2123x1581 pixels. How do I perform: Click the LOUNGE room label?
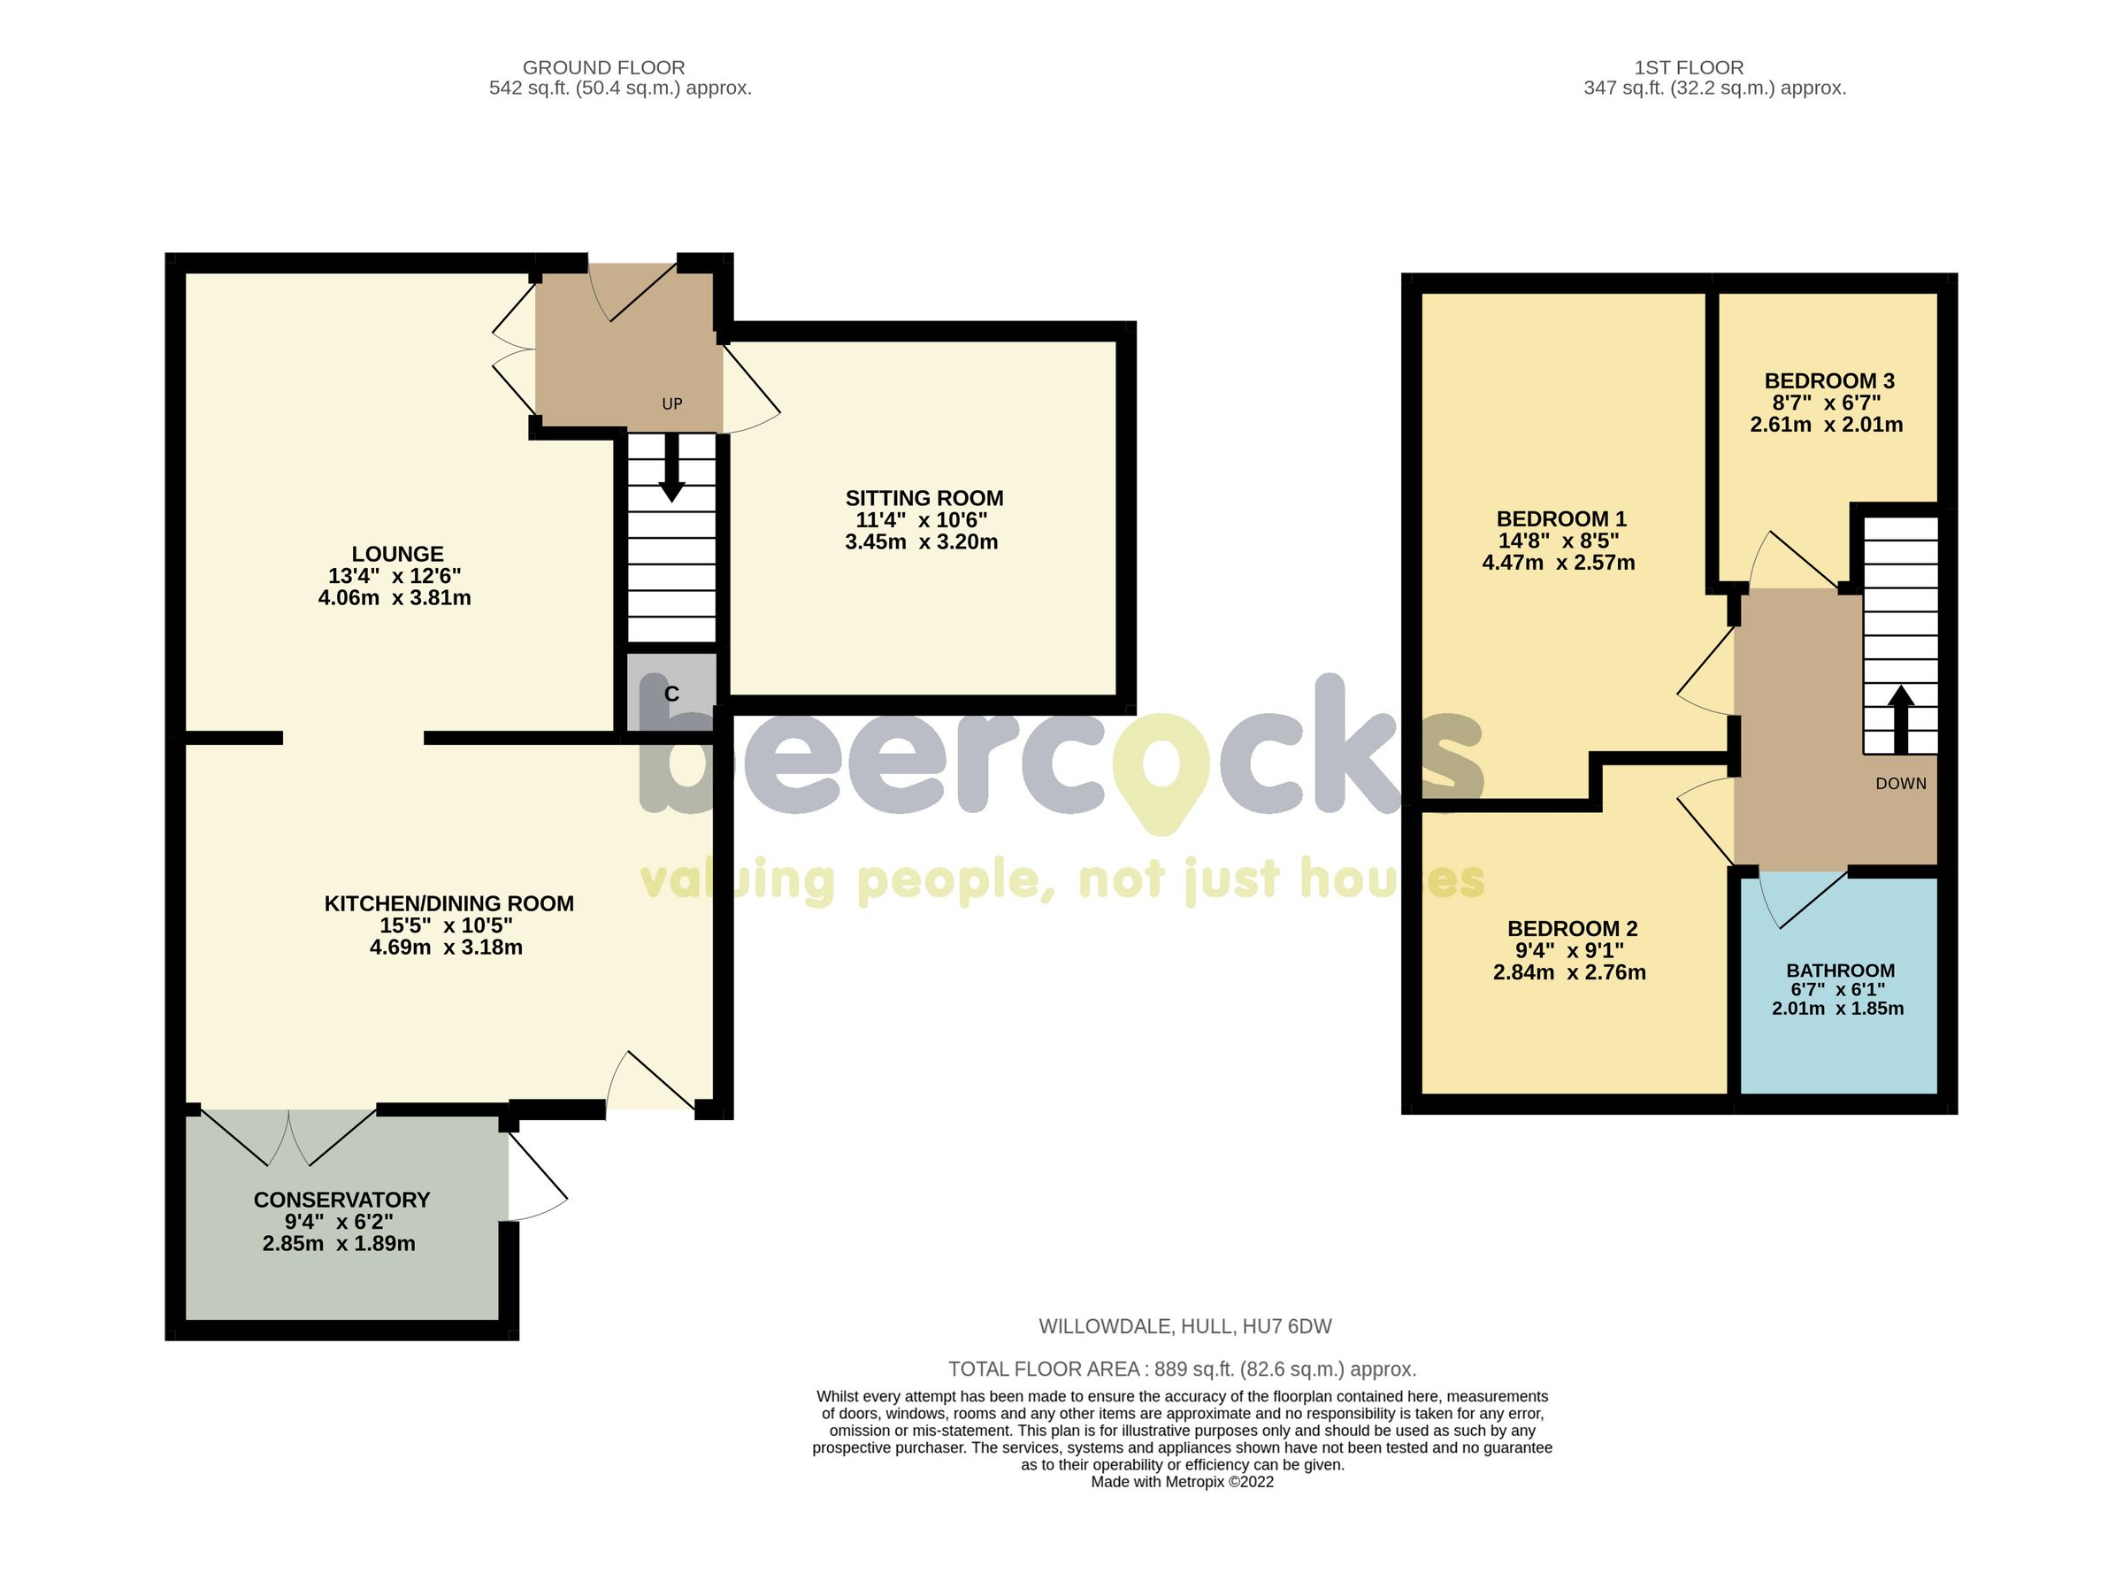[397, 554]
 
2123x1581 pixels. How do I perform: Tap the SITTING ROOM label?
[924, 499]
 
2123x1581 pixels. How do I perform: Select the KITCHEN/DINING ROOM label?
[448, 903]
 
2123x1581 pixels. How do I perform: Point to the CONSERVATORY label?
[341, 1200]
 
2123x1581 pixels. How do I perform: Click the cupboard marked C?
[671, 694]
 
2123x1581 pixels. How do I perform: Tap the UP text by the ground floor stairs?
[671, 403]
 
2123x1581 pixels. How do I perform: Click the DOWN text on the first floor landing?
[1900, 784]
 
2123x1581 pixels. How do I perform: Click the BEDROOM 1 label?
[1560, 519]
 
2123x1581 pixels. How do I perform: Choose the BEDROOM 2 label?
[1571, 928]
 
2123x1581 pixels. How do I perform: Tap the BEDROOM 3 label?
[1828, 381]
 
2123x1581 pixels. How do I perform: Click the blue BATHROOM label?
[1840, 971]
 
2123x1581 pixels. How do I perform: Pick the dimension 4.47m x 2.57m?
[1558, 563]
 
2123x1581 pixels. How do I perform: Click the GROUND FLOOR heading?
[602, 68]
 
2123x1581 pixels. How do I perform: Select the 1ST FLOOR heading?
[1688, 68]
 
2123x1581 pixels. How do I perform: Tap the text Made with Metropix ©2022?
[1182, 1482]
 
